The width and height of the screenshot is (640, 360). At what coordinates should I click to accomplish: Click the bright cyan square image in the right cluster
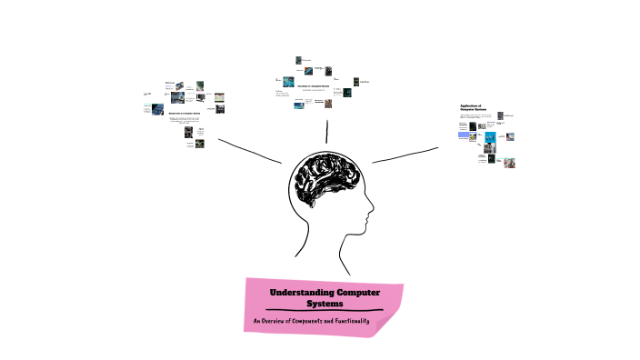point(489,138)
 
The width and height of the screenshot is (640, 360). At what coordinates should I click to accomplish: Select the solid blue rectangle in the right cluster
point(464,135)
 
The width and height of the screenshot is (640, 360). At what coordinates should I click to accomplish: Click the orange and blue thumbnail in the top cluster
point(314,69)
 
